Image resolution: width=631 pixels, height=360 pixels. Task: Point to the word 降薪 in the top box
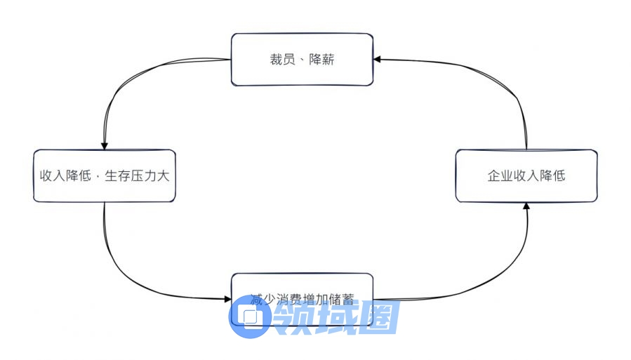click(321, 60)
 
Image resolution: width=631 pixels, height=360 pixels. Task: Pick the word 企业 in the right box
click(498, 176)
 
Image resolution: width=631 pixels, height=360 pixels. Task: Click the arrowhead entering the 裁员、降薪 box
click(378, 60)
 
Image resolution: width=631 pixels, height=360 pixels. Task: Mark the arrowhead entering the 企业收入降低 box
click(526, 206)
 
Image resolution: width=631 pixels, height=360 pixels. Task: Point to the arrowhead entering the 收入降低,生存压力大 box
click(105, 145)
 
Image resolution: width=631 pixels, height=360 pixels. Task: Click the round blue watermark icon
click(250, 316)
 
